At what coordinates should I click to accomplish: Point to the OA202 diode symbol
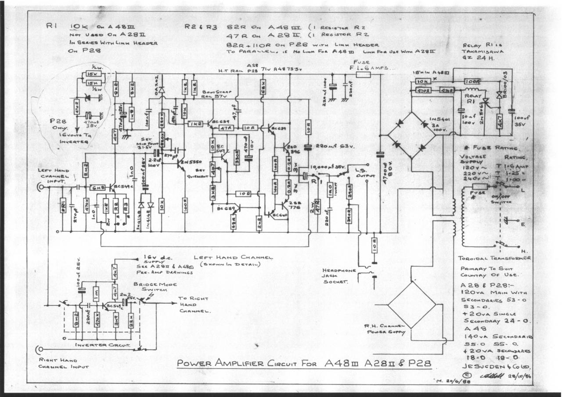(161, 90)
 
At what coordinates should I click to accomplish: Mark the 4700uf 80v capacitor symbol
(380, 154)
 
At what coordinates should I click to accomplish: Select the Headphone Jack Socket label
(339, 276)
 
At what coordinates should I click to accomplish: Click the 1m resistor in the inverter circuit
(96, 293)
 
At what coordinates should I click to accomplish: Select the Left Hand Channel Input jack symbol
(40, 187)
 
